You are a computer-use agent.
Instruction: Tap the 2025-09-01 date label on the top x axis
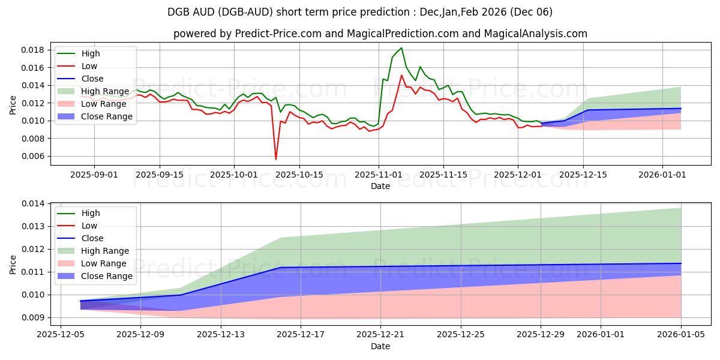click(x=94, y=175)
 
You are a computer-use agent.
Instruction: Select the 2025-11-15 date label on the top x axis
click(x=443, y=175)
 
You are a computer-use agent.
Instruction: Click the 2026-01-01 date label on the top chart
click(x=662, y=175)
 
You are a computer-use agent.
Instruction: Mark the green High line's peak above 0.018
click(x=401, y=48)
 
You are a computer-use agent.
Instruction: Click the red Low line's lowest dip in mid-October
click(x=276, y=159)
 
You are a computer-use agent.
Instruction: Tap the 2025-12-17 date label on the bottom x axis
click(x=300, y=335)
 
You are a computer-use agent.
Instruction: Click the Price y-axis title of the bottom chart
click(x=13, y=265)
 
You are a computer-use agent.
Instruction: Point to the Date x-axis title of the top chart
click(x=380, y=186)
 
